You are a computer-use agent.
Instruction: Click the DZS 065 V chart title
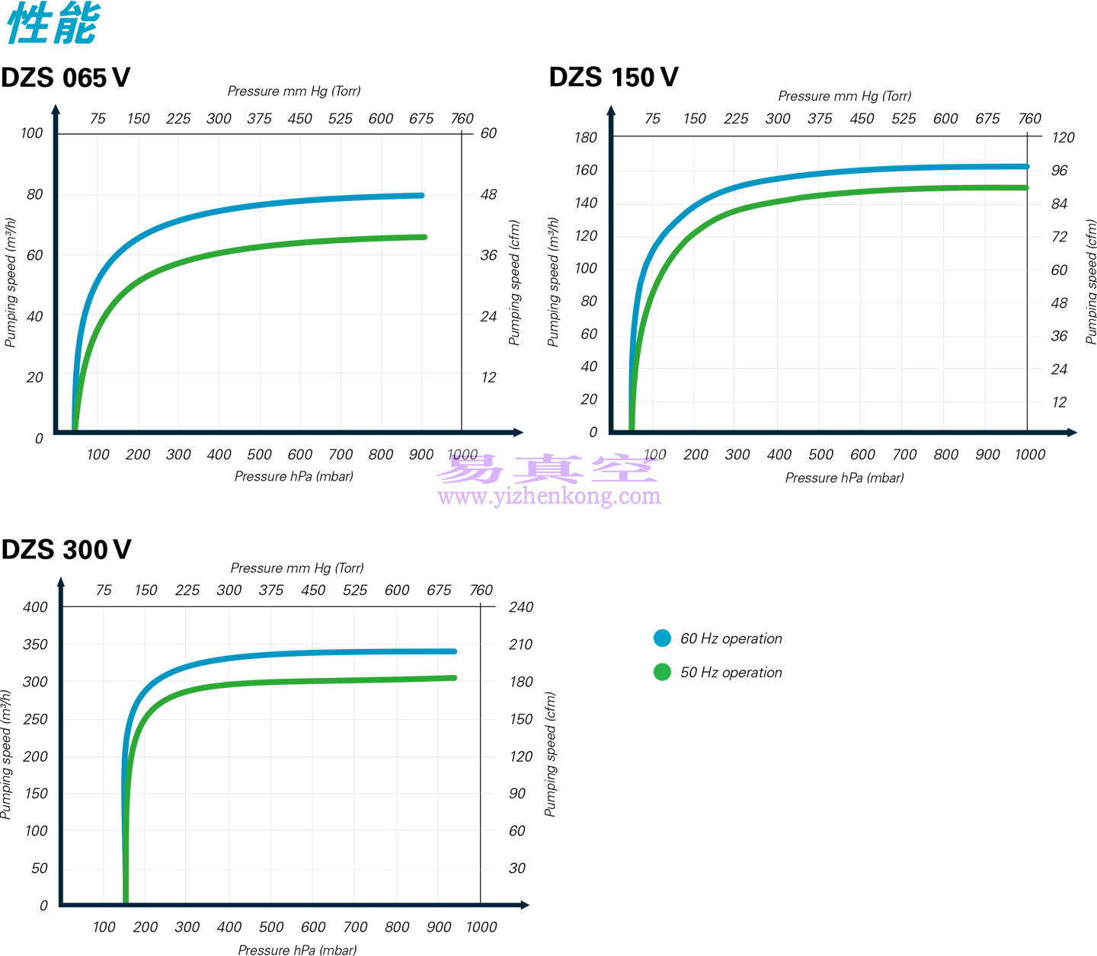point(66,78)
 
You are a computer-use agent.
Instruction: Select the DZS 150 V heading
point(613,78)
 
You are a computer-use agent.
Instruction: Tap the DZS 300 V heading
point(66,550)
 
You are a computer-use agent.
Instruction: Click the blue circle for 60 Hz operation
point(662,638)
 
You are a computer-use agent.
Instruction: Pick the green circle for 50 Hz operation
point(662,672)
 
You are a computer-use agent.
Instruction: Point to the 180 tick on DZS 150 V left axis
point(586,138)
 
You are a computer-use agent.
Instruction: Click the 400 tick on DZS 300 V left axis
point(35,607)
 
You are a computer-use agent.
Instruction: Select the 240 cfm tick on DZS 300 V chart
point(521,607)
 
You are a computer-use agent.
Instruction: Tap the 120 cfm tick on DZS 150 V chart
point(1063,138)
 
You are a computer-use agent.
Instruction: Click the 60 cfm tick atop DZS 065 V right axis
point(488,133)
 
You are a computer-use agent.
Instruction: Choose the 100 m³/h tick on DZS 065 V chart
point(31,133)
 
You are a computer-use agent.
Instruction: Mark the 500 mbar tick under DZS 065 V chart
point(259,455)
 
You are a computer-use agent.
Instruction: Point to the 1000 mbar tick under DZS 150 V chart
point(1030,455)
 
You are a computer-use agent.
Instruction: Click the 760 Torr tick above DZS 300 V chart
point(481,590)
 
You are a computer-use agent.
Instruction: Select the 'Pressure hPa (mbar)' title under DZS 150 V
point(844,478)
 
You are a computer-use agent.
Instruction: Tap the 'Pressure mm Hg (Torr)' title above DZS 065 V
point(293,91)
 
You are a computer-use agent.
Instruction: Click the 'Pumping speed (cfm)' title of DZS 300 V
point(550,754)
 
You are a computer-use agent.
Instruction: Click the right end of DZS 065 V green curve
point(424,237)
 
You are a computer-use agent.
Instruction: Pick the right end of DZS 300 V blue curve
point(454,651)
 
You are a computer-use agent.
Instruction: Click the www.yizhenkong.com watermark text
point(549,496)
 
